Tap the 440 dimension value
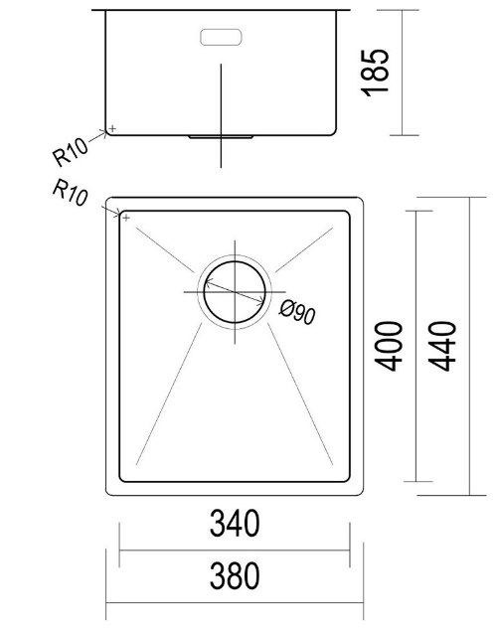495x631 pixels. point(444,345)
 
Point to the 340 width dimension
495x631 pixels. point(234,523)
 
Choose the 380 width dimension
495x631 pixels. point(234,575)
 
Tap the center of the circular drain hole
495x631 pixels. point(235,292)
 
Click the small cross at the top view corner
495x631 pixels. point(124,214)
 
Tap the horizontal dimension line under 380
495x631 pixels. point(234,603)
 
